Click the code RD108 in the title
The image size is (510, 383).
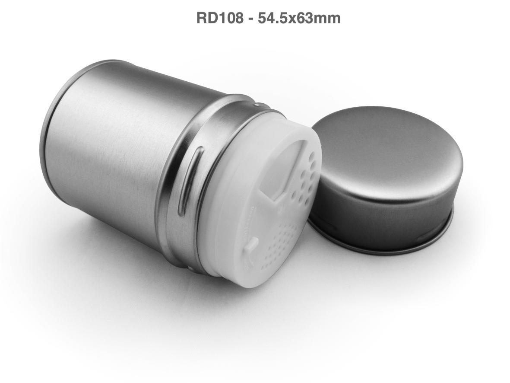pos(219,18)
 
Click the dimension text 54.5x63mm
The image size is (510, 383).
pos(299,18)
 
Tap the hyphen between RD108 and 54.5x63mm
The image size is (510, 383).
pos(250,19)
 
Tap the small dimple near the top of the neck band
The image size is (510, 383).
pos(257,105)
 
